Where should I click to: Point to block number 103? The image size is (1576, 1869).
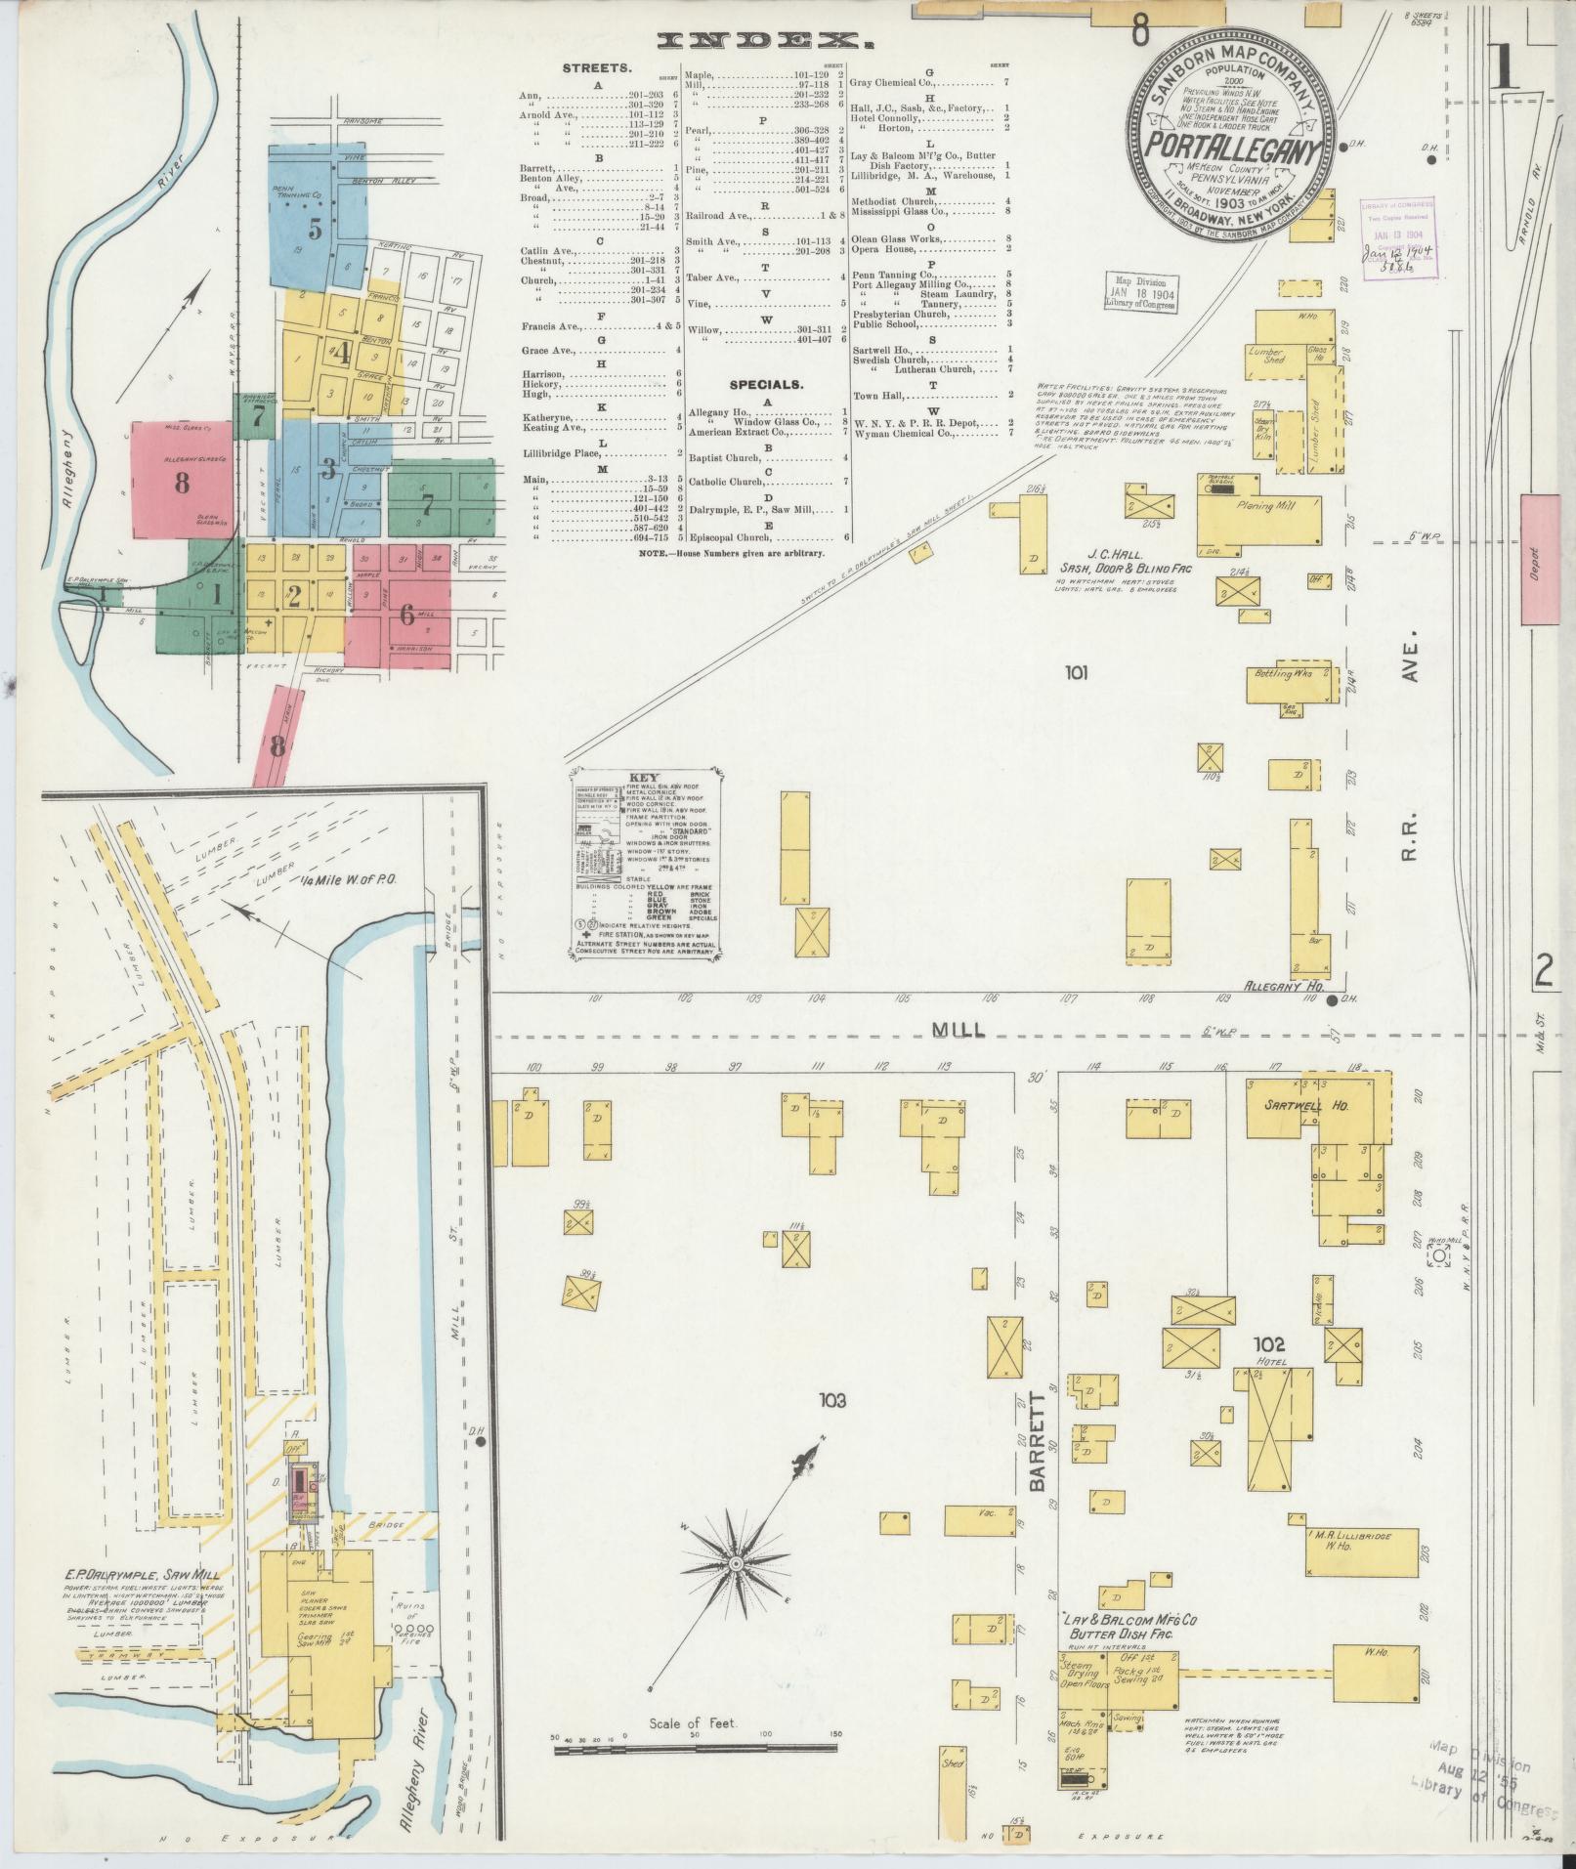pyautogui.click(x=833, y=1400)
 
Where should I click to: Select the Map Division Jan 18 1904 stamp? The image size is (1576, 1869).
pyautogui.click(x=1141, y=291)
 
